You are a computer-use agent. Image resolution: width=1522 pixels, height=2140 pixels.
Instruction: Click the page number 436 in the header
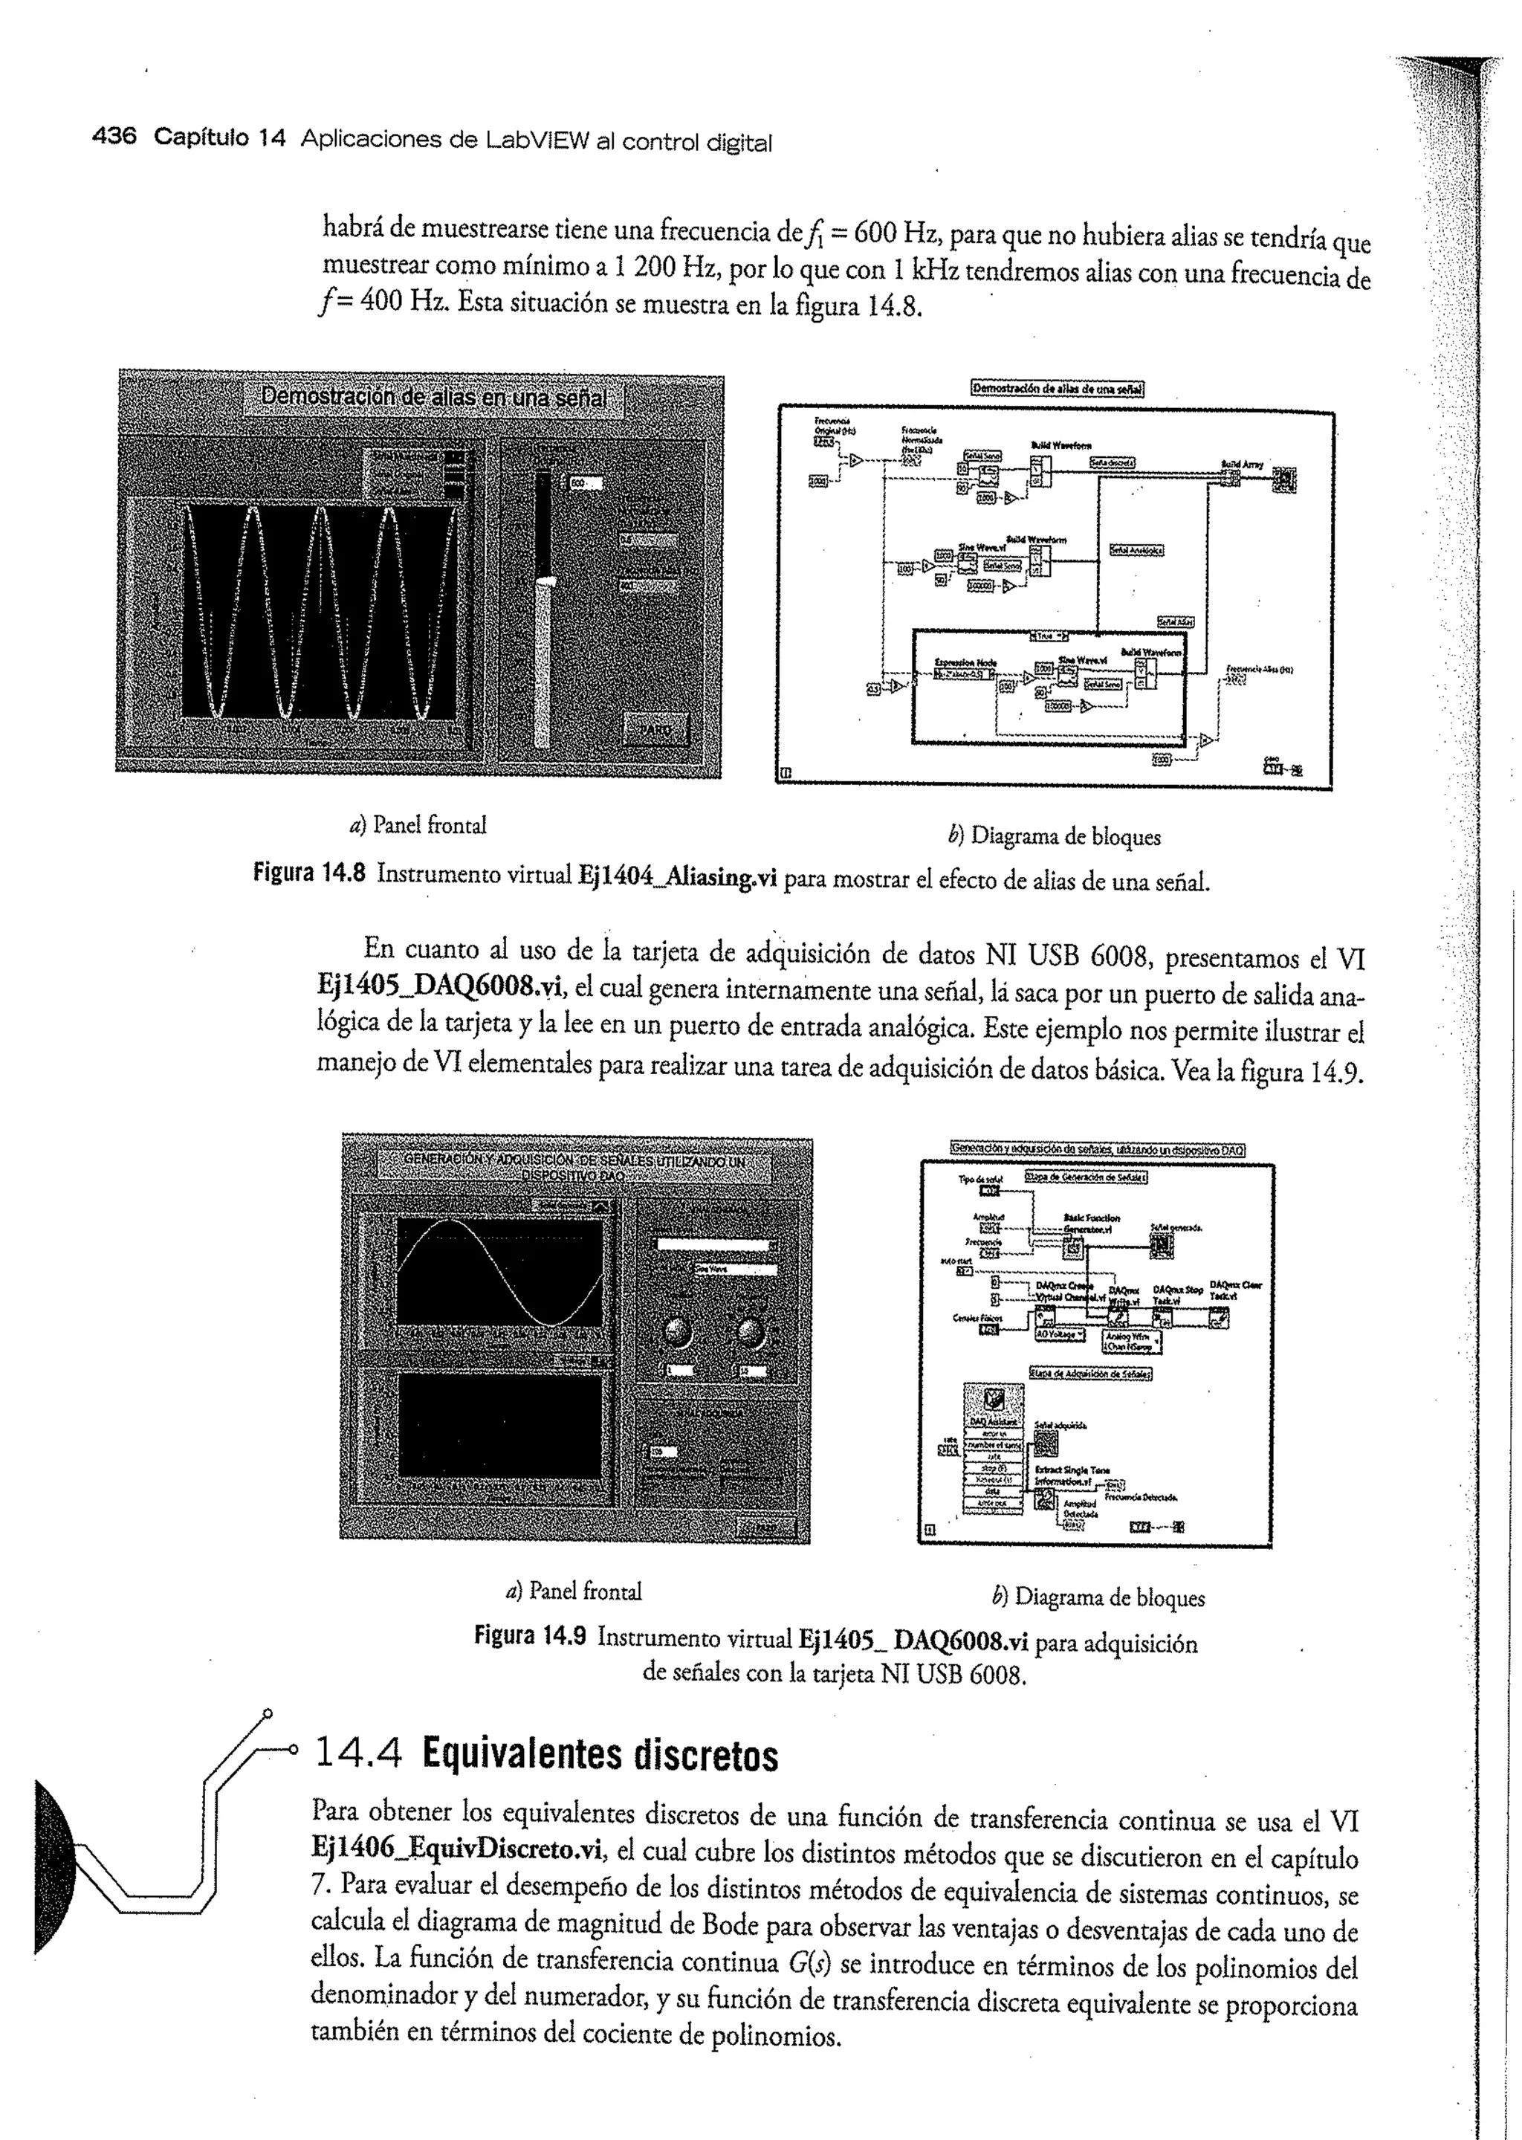click(114, 138)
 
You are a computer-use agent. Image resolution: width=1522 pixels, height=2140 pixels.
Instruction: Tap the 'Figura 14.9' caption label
click(530, 1637)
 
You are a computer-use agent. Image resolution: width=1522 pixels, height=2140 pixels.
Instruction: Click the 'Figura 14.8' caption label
click(309, 873)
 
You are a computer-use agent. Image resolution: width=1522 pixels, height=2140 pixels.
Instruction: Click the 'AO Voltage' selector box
click(1060, 1334)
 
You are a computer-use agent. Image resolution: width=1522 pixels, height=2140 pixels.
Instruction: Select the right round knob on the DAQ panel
click(750, 1331)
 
